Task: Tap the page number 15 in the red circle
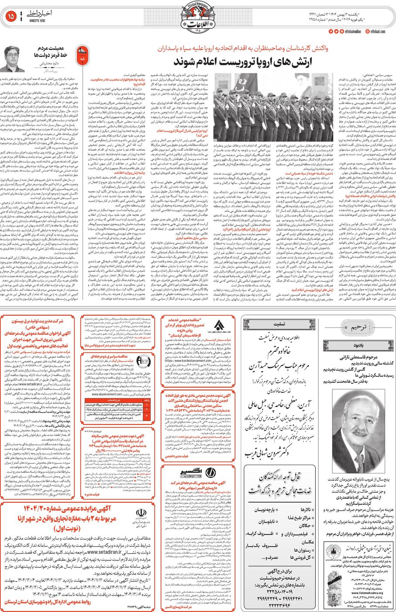(11, 16)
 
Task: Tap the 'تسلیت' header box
(279, 324)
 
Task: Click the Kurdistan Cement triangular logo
(219, 326)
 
